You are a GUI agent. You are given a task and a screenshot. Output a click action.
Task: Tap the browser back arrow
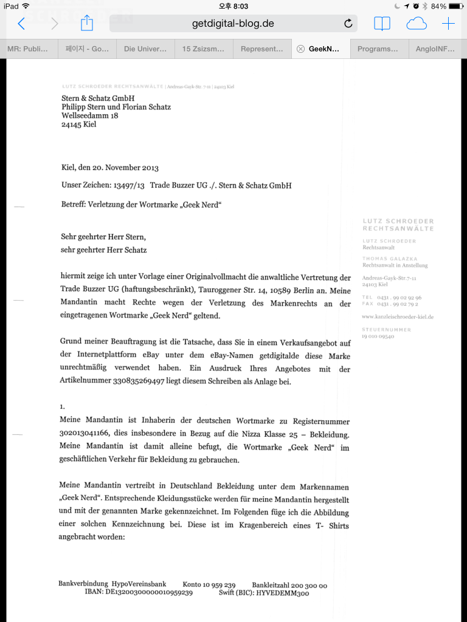pos(21,24)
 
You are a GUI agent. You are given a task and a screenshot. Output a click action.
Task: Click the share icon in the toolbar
pos(87,23)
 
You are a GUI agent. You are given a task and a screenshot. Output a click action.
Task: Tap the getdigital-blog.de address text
pos(233,24)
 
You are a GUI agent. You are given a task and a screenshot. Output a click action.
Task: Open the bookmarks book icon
pos(382,24)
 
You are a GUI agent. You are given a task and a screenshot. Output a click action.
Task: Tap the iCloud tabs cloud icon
pos(417,24)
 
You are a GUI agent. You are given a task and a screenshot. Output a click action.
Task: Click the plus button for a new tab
pos(448,24)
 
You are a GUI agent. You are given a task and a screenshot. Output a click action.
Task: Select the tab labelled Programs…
pos(377,49)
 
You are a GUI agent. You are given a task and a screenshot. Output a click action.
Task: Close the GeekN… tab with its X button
pos(300,49)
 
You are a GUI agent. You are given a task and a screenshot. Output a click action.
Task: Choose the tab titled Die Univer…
pos(145,49)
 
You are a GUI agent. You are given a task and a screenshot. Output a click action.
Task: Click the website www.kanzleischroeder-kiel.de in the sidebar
pos(398,317)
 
